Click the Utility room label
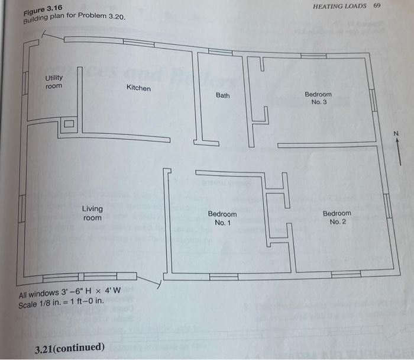point(54,82)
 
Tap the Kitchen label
point(138,88)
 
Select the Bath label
point(223,95)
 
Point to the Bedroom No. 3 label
point(318,98)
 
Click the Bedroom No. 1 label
point(222,218)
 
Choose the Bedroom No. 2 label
point(337,217)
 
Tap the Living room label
point(92,213)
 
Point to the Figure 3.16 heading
point(43,9)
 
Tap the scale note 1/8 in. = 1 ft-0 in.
point(62,301)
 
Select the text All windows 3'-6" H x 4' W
point(69,292)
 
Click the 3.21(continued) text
point(69,347)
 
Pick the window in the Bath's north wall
point(221,52)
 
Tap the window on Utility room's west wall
point(25,83)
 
